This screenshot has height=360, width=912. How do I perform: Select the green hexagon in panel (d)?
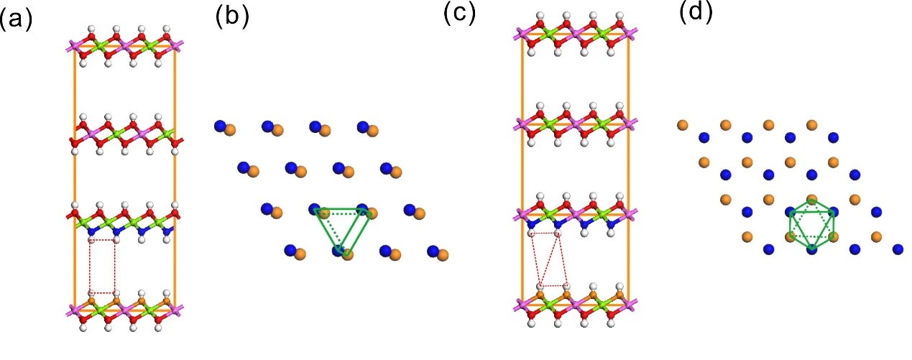pos(811,223)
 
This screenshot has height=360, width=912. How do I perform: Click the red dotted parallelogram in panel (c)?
pos(548,259)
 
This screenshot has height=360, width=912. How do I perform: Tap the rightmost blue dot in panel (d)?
pos(898,249)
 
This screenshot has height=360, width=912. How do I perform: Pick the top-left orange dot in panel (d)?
pos(682,125)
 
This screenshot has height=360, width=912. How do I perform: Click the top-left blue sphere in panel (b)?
pos(220,126)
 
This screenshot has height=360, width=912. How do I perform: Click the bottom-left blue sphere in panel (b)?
pos(290,250)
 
